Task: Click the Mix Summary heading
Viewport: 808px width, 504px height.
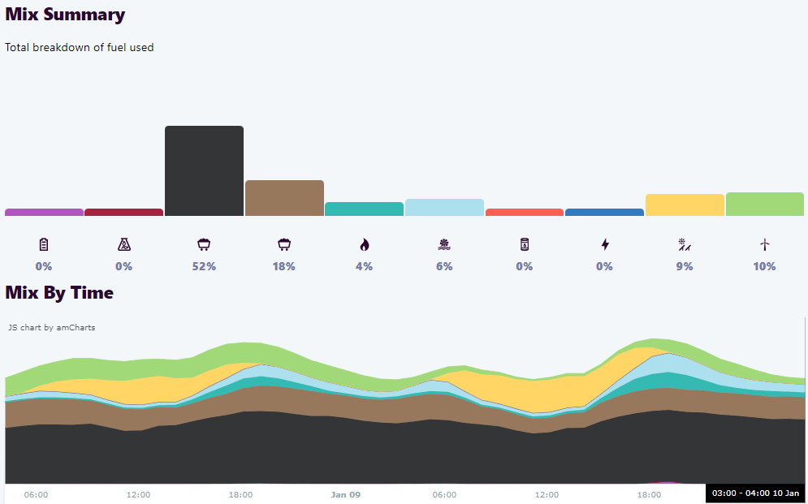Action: point(65,15)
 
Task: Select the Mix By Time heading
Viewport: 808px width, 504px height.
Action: point(59,292)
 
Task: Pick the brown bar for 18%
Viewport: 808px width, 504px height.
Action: point(284,198)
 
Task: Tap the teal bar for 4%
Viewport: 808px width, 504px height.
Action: point(364,209)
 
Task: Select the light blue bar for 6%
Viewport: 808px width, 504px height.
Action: point(444,207)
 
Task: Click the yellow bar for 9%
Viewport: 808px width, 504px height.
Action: point(685,205)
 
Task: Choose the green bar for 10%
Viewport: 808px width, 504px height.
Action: point(764,204)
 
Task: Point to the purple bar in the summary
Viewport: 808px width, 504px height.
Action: point(44,212)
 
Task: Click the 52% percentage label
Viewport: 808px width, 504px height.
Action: point(204,266)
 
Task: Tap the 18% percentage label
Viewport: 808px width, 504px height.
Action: point(284,266)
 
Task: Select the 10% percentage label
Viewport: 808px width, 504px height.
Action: point(764,266)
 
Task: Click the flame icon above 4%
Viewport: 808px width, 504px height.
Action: point(364,244)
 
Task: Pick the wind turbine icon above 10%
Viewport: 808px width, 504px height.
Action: point(764,244)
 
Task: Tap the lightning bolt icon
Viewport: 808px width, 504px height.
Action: point(604,244)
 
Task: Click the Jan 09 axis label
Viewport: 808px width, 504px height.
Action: point(345,494)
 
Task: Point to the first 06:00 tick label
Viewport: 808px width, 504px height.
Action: point(36,494)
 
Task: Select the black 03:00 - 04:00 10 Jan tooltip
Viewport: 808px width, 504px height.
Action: point(755,493)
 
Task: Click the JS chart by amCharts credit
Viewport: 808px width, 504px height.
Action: point(52,328)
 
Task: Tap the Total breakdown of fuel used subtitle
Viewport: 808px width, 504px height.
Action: point(80,47)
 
